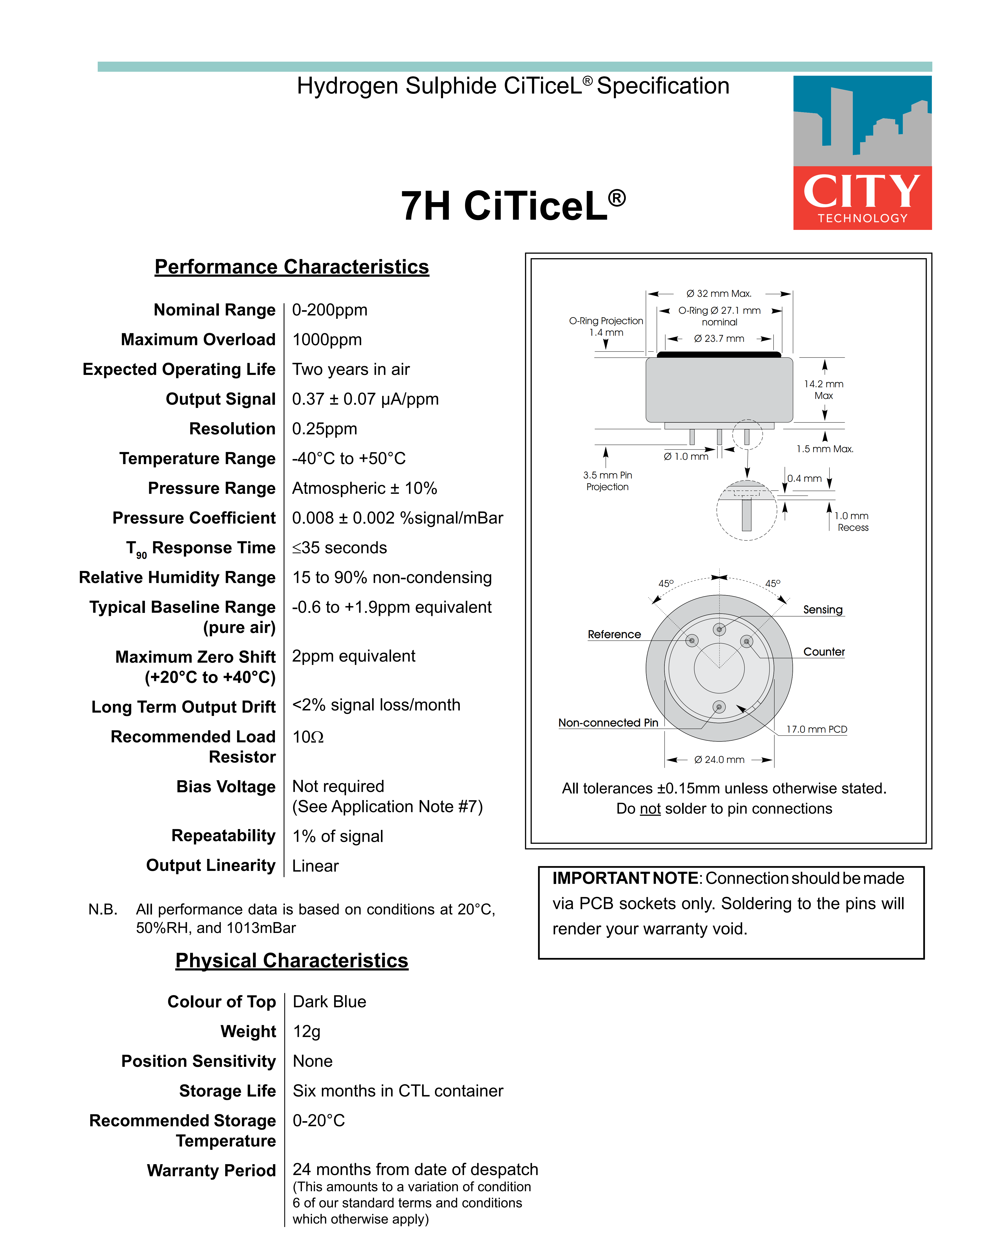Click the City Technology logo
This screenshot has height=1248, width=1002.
862,153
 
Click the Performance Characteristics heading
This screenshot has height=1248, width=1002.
292,267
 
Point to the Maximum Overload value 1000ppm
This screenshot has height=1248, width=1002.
327,340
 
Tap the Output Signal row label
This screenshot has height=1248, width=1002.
220,399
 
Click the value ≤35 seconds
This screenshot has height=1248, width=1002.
340,548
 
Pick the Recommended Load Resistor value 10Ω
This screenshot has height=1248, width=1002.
308,737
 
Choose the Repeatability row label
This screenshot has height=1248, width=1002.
223,836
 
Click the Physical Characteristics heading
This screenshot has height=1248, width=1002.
292,961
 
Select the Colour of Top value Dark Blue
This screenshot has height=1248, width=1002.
329,1002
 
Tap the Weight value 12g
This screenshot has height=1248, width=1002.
307,1031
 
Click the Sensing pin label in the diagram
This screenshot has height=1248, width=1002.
822,610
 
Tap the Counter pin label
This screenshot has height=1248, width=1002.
824,652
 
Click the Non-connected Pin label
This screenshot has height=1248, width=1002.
608,723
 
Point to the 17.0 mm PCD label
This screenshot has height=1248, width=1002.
816,729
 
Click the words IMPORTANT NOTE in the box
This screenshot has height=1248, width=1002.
626,878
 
